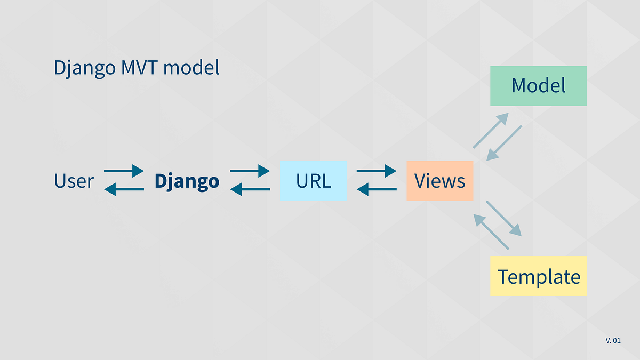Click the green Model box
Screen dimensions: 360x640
[x=538, y=86]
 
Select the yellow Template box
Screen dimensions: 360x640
[x=538, y=276]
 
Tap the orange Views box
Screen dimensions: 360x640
[x=439, y=181]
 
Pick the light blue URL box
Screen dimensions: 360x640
[x=313, y=181]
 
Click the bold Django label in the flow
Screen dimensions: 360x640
[x=187, y=181]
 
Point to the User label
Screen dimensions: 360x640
[x=74, y=181]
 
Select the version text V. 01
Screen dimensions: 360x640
[x=613, y=340]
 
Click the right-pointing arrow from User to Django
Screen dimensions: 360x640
[x=124, y=171]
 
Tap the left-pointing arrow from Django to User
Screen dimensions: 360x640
[x=124, y=189]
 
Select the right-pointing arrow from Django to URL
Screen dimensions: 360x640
[x=250, y=171]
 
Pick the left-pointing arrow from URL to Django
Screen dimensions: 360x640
[x=250, y=189]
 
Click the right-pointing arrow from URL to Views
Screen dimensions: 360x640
[x=376, y=171]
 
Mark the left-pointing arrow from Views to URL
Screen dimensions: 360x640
[x=376, y=189]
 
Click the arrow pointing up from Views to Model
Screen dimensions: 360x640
[x=491, y=130]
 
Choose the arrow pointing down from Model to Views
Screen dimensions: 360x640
[x=505, y=143]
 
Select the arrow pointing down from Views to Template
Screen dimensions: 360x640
[x=504, y=218]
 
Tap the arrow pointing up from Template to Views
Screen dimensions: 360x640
[x=491, y=231]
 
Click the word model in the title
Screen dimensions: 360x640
[x=191, y=68]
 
